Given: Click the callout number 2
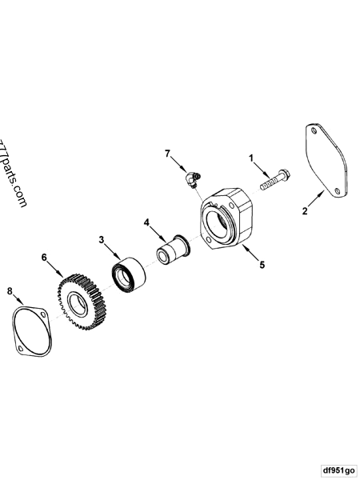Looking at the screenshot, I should tap(305, 211).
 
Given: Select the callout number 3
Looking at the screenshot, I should tap(102, 239).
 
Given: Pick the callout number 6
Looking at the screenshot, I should tap(46, 258).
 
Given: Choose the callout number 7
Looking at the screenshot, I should tap(168, 152).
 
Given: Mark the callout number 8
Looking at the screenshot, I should tap(10, 292).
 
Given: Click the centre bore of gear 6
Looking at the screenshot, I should tap(80, 303).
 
